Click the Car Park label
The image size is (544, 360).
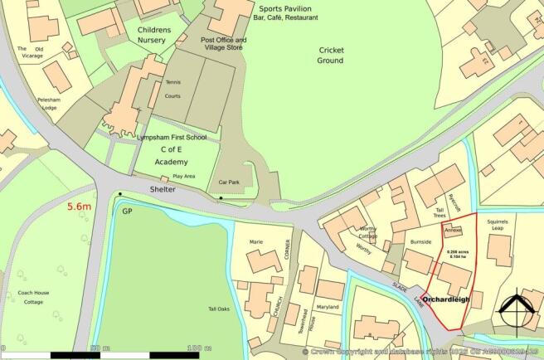pyautogui.click(x=229, y=181)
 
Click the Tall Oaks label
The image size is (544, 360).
pyautogui.click(x=219, y=309)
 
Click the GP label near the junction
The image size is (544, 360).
pyautogui.click(x=128, y=212)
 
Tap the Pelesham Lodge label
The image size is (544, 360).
pyautogui.click(x=48, y=103)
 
